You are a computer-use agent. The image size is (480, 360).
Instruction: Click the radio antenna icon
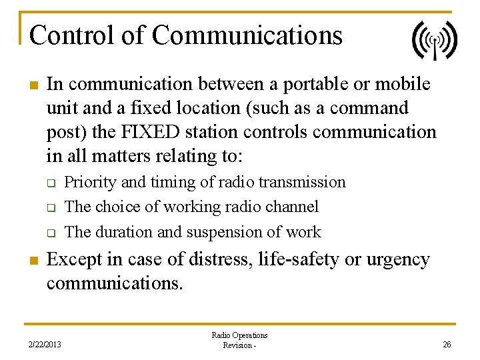[x=434, y=40]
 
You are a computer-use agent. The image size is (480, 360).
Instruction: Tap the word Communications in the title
[x=247, y=35]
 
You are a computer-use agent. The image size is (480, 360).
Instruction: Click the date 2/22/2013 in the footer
[x=45, y=345]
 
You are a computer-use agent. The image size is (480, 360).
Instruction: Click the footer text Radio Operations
[x=239, y=335]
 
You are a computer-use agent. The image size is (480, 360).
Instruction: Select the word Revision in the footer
[x=236, y=345]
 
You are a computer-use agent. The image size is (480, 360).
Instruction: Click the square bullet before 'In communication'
[x=32, y=85]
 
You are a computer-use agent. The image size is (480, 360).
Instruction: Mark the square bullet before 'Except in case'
[x=32, y=260]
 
